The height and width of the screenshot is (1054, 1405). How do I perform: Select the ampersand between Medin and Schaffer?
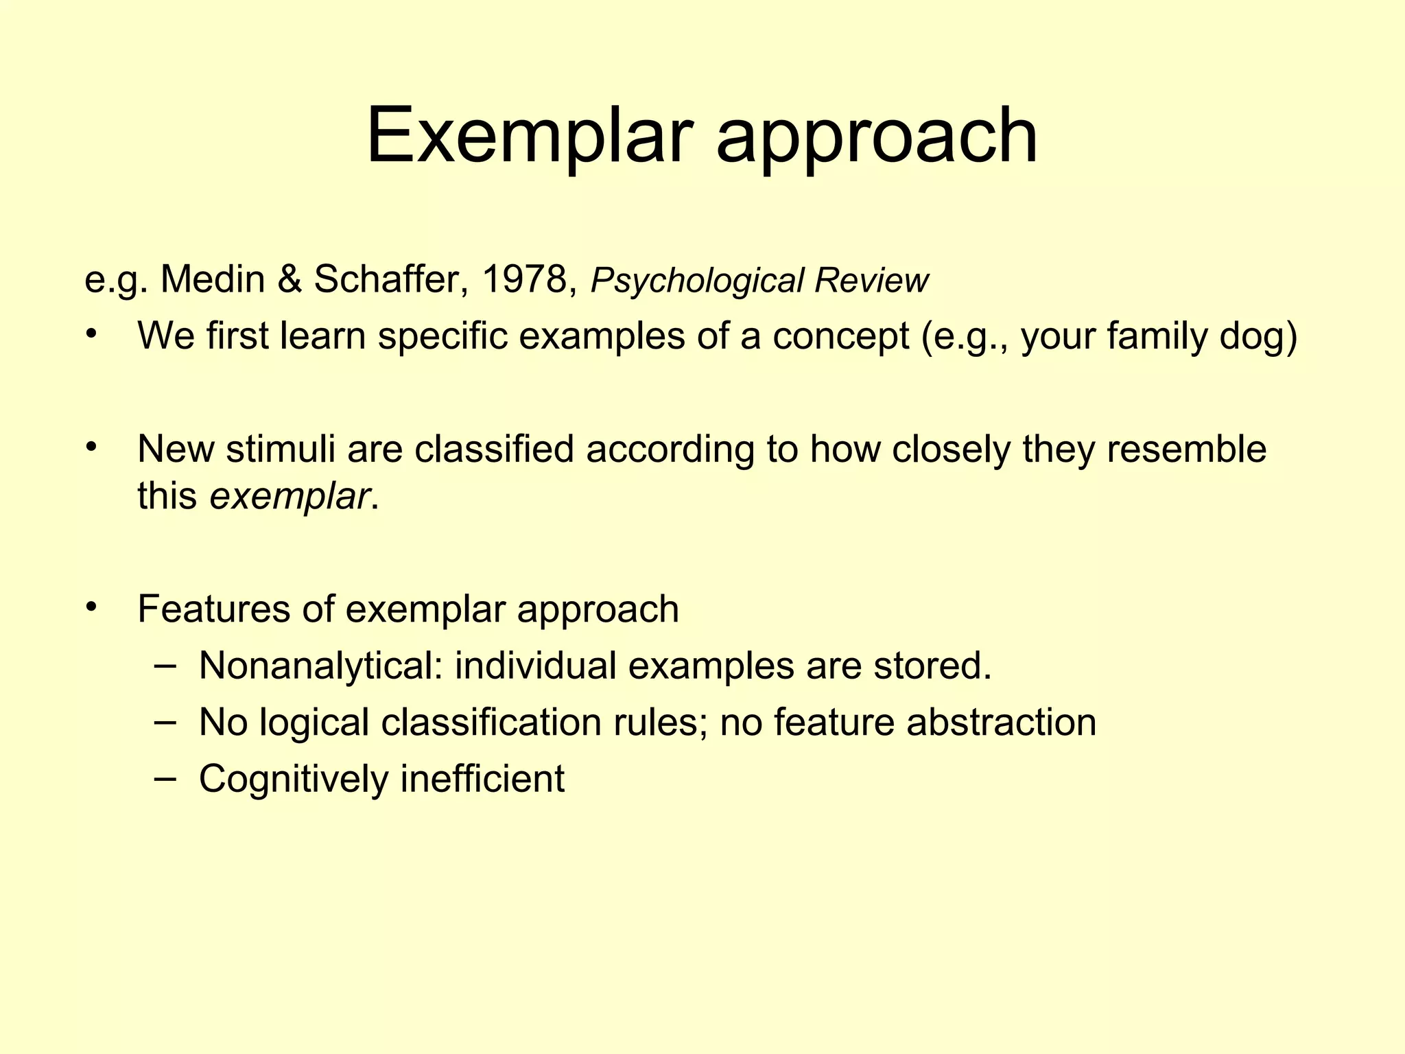[x=289, y=279]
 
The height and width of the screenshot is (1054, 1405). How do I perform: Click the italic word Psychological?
[x=696, y=281]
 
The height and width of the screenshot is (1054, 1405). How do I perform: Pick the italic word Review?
[x=871, y=280]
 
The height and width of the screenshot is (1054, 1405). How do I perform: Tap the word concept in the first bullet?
[x=840, y=338]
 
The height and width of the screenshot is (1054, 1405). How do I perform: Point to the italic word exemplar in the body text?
[x=290, y=496]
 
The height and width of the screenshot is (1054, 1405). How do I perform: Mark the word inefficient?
[x=482, y=779]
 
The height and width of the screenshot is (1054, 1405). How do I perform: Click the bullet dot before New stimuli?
[x=93, y=448]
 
